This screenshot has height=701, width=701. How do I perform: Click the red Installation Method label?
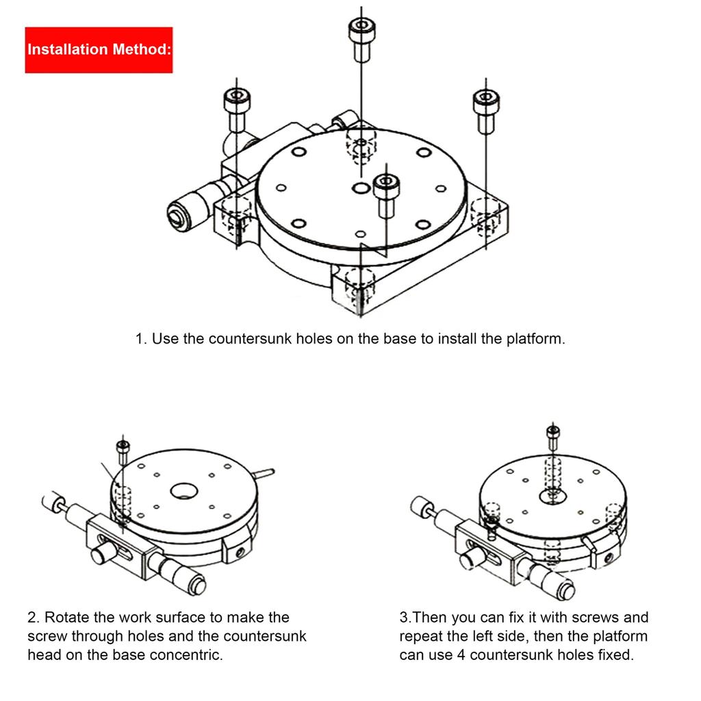click(99, 49)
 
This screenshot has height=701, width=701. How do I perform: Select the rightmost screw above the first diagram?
click(486, 110)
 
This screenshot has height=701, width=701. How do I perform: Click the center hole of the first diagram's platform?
click(361, 188)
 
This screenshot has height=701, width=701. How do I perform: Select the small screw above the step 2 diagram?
click(123, 449)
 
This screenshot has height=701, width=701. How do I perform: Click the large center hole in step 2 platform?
click(183, 490)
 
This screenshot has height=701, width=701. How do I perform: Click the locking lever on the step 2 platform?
click(263, 472)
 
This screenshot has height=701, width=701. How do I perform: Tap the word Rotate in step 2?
click(69, 617)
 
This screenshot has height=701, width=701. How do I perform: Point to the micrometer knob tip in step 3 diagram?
click(567, 590)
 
